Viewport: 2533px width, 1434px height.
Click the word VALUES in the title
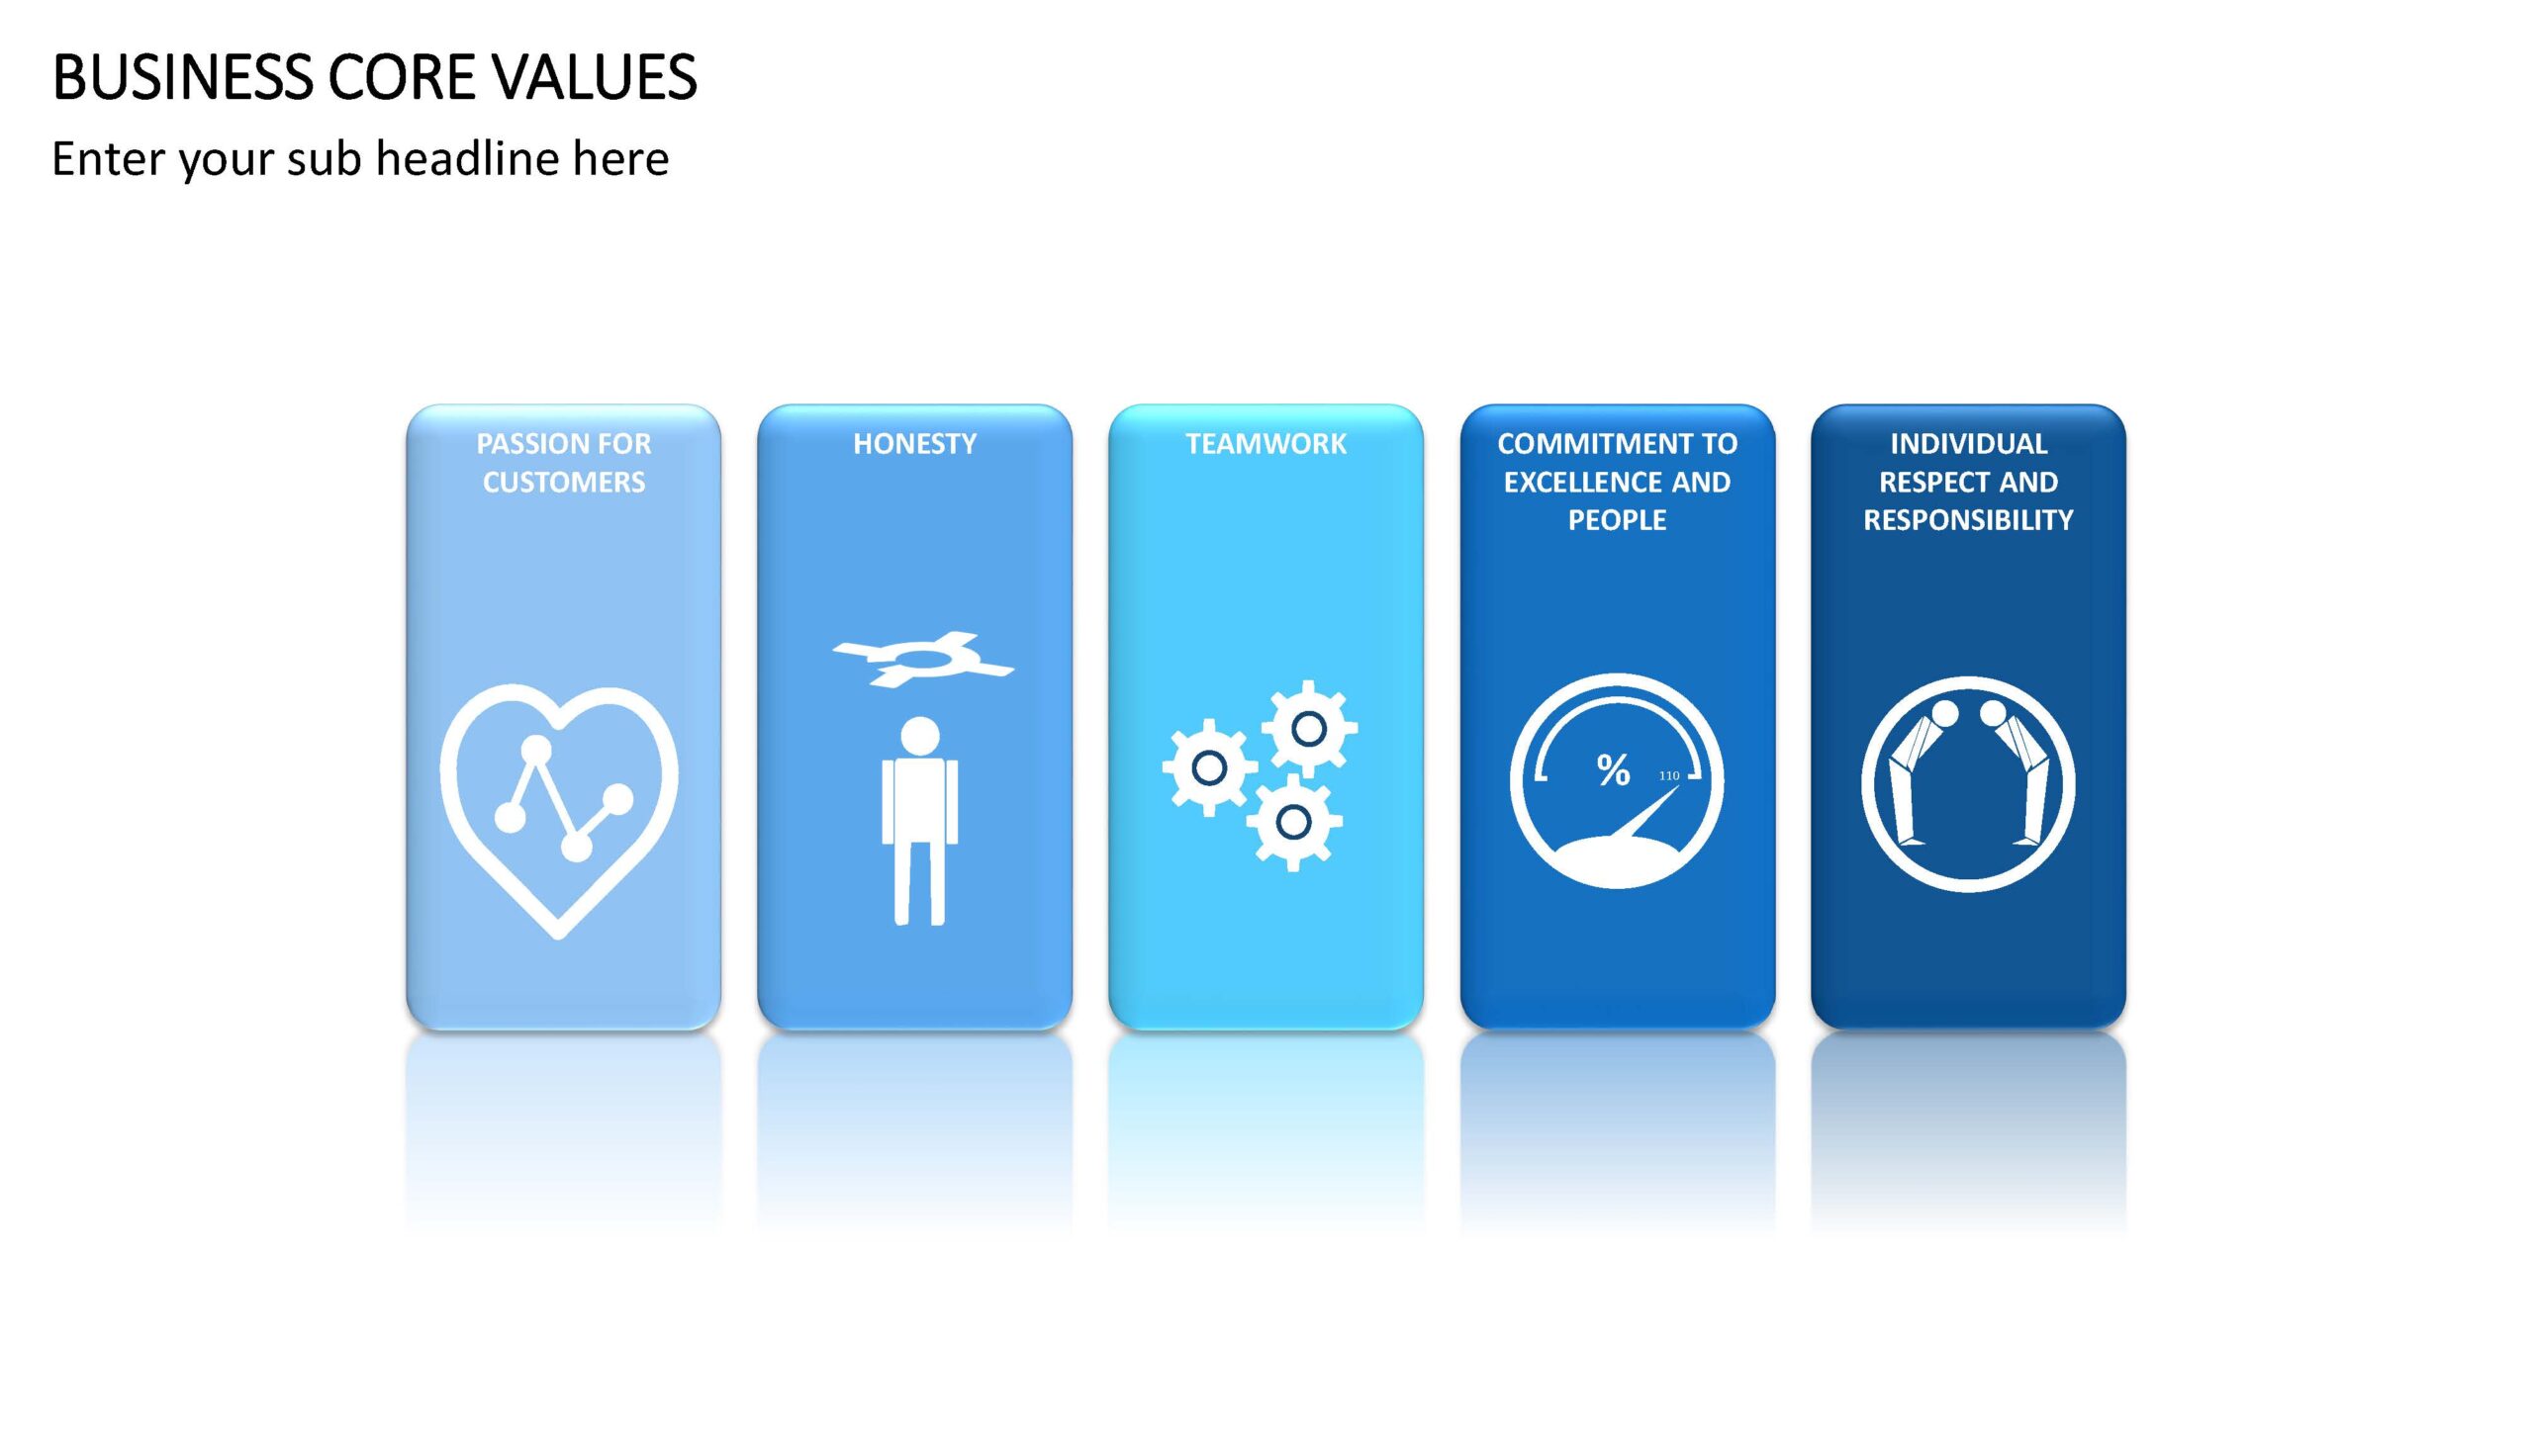[594, 77]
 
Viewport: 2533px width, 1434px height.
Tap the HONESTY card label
[914, 444]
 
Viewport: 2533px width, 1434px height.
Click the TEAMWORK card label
[1266, 444]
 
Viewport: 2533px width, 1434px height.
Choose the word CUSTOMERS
[564, 483]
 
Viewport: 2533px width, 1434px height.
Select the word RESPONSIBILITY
[1968, 520]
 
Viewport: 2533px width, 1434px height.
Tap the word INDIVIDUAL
[1968, 444]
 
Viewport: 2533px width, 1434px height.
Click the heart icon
[559, 811]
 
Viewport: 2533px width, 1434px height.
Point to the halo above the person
[922, 658]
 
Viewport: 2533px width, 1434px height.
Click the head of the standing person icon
[920, 736]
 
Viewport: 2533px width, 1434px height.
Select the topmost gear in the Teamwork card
[1309, 729]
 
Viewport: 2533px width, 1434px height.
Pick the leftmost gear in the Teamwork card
[1209, 767]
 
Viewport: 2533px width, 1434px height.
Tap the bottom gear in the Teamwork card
[1293, 821]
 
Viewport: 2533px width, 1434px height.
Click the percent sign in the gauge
[1613, 769]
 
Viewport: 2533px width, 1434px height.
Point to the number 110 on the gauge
[1669, 775]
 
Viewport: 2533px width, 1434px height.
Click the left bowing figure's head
[1944, 713]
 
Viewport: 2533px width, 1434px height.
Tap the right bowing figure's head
[1992, 713]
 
